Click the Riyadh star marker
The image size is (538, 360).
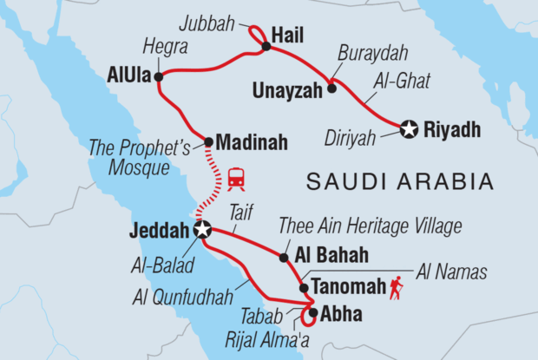(x=410, y=131)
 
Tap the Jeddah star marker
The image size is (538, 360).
(x=202, y=231)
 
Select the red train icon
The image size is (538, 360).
(x=236, y=179)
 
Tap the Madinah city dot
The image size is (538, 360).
(x=208, y=141)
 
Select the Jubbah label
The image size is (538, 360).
(x=214, y=18)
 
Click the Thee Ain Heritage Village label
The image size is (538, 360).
(x=370, y=227)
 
